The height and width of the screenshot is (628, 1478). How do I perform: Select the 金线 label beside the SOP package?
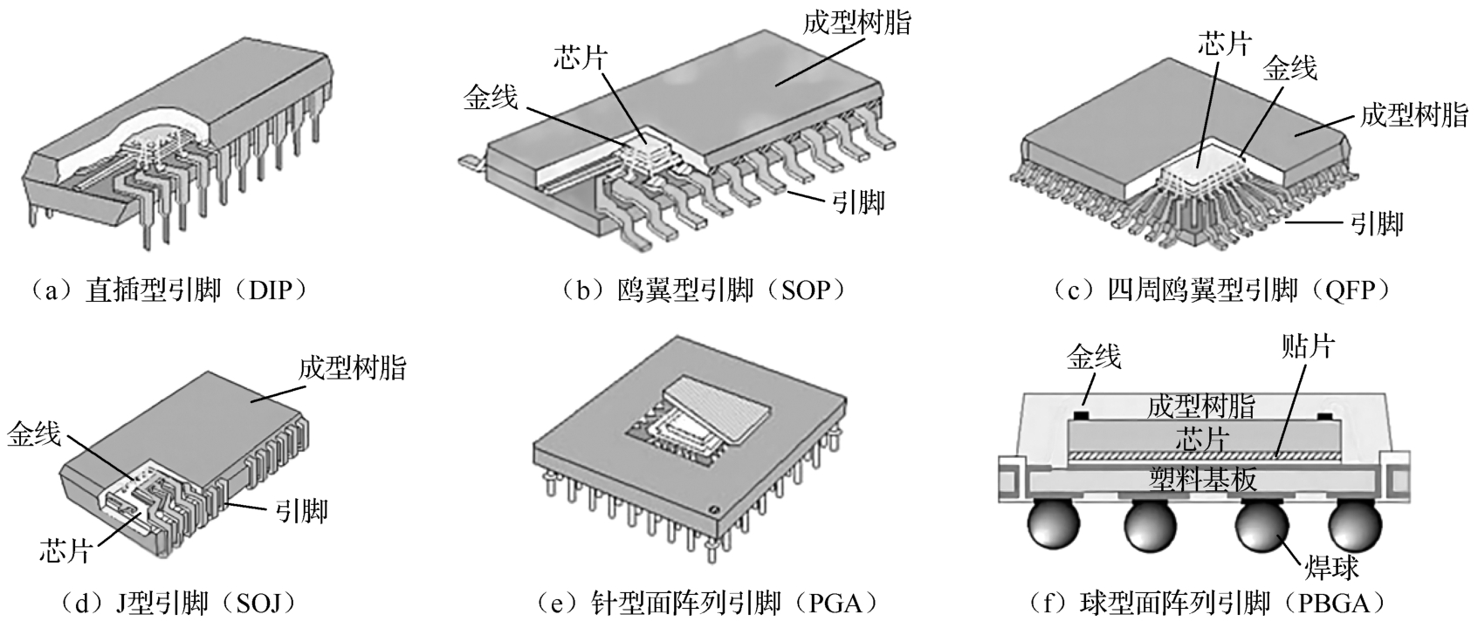pos(491,98)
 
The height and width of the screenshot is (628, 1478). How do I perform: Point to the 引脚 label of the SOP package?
pos(857,202)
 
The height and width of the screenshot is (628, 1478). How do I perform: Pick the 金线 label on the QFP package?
pos(1289,68)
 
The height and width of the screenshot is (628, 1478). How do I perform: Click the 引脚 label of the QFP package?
pos(1377,223)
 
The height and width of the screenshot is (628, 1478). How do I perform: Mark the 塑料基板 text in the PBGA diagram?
pos(1203,480)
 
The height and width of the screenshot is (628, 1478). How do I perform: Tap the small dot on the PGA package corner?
pos(712,509)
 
